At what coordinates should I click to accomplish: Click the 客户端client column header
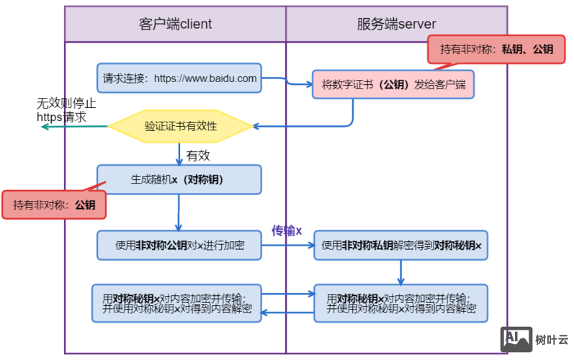pos(175,24)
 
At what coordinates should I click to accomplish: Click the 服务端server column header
pos(396,24)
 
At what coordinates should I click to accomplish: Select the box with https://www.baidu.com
pos(179,78)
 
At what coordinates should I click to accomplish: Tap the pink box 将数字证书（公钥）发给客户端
pos(393,84)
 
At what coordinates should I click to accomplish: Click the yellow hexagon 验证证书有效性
pos(180,126)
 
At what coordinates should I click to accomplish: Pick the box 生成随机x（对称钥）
pos(179,179)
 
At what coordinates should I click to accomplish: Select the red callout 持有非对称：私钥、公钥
pos(485,50)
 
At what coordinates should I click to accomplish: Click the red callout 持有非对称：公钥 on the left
pos(54,204)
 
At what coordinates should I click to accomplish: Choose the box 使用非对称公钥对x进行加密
pos(179,245)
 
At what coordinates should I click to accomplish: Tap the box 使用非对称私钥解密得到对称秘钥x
pos(401,245)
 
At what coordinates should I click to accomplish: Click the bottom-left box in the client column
pos(176,302)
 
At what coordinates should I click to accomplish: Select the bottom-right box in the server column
pos(401,302)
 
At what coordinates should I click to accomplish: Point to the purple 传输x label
pos(286,230)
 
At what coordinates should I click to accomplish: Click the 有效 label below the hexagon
pos(198,155)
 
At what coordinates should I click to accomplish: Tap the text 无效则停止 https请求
pos(66,109)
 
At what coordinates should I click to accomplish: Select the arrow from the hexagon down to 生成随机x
pos(179,153)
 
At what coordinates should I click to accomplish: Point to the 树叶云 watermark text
pos(552,339)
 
